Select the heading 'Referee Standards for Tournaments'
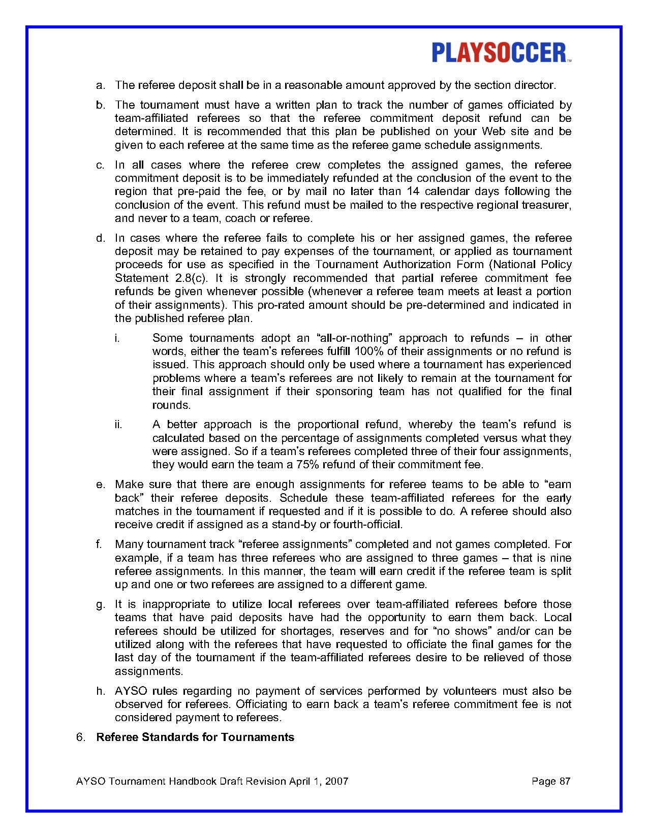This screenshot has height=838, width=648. click(195, 737)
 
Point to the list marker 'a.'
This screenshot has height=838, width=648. click(101, 85)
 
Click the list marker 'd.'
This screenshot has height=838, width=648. click(101, 238)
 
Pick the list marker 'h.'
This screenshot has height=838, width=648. click(101, 691)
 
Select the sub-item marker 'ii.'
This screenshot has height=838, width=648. click(118, 425)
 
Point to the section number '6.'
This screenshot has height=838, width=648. click(81, 737)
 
